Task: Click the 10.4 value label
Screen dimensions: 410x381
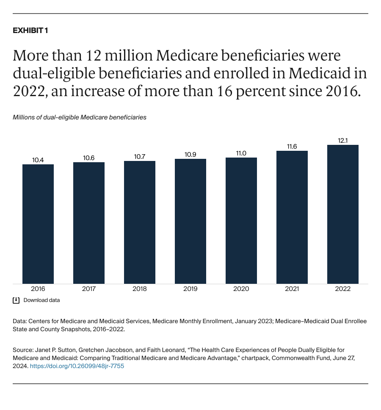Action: (x=38, y=160)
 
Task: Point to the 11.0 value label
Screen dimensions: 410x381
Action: (x=241, y=153)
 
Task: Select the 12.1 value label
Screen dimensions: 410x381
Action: (x=343, y=140)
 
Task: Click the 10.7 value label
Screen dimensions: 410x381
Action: (x=140, y=156)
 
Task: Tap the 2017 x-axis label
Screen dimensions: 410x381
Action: (x=89, y=289)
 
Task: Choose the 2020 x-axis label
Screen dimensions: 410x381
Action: (x=241, y=289)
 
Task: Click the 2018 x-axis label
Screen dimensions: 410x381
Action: (x=140, y=289)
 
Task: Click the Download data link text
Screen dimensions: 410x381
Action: (x=41, y=300)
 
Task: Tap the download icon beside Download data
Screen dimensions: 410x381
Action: (x=16, y=300)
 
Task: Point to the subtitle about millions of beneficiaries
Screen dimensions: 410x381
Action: (x=80, y=117)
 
